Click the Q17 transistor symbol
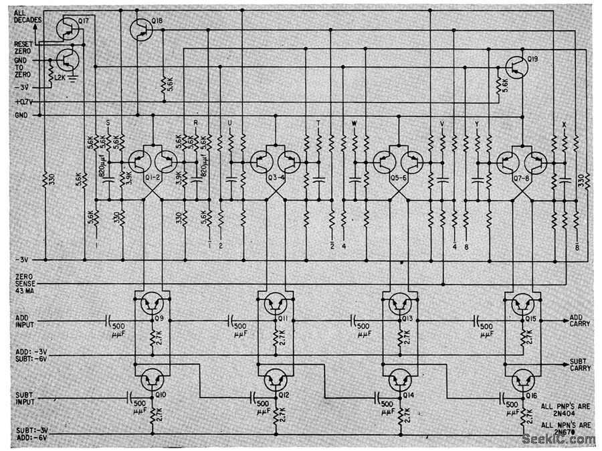coord(67,27)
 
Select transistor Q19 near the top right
coord(516,66)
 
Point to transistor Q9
coord(152,304)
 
